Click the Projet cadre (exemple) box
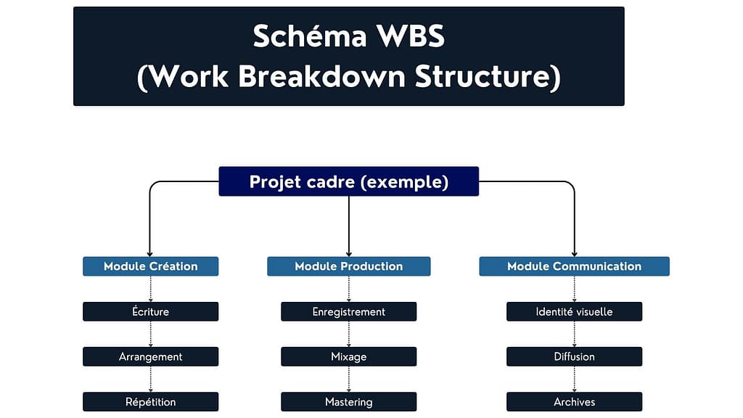(x=348, y=181)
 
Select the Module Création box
(x=150, y=266)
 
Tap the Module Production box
(x=348, y=266)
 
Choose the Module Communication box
(x=574, y=266)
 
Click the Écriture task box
(x=150, y=311)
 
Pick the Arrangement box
(x=150, y=356)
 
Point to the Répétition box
(x=150, y=401)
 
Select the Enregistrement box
(x=348, y=311)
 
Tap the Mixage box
(x=348, y=356)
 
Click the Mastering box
(x=348, y=401)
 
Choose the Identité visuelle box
(x=574, y=311)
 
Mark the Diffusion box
(x=574, y=356)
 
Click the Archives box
(x=574, y=401)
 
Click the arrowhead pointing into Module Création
(x=149, y=253)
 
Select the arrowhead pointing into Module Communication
(x=575, y=253)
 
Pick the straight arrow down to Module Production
(x=349, y=225)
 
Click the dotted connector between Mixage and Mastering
(x=349, y=379)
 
